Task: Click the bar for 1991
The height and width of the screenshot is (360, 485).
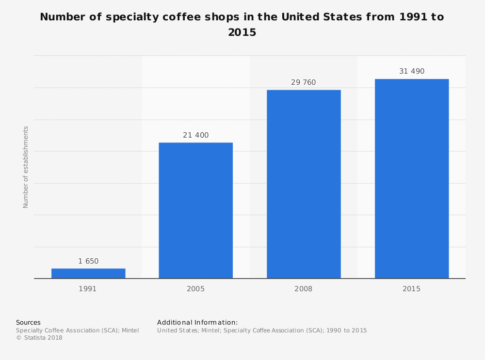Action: click(88, 273)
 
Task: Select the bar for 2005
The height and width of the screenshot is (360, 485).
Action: click(196, 210)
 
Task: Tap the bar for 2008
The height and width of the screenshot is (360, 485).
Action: click(304, 184)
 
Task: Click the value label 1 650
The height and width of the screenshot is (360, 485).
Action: click(88, 261)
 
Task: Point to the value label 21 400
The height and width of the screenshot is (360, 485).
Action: click(196, 135)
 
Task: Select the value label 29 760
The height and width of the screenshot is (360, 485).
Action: click(304, 82)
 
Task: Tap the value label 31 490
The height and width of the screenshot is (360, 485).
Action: click(412, 71)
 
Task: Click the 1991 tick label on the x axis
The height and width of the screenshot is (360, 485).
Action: click(88, 289)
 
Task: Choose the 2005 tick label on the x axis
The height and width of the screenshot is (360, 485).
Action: click(196, 289)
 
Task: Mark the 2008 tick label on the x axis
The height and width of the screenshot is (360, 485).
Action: click(304, 289)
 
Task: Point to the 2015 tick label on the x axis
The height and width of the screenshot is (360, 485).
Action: click(412, 289)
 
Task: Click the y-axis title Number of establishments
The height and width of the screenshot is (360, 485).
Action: click(26, 167)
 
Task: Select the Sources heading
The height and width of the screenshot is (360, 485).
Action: click(28, 322)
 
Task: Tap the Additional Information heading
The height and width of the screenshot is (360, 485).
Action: click(197, 322)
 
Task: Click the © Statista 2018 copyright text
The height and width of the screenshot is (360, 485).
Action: click(39, 338)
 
